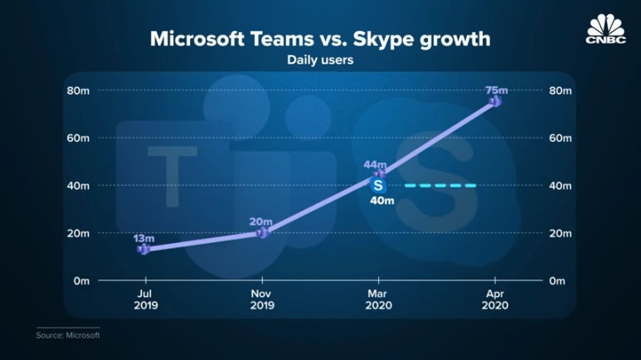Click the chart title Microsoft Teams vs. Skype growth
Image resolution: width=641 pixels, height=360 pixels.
coord(320,39)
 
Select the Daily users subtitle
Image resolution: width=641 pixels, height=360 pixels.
coord(320,60)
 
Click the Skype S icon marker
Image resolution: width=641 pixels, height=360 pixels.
coord(378,185)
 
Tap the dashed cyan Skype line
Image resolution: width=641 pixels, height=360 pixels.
coord(439,185)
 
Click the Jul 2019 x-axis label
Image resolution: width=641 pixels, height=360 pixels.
coord(144,299)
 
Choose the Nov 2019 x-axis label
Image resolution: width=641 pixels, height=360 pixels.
coord(262,299)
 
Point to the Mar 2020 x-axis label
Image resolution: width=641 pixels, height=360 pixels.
coord(378,299)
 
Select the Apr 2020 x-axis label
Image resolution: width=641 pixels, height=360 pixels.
coord(495,299)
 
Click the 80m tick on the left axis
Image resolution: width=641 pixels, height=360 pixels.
coord(78,90)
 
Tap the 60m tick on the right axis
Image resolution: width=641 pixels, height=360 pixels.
coord(560,138)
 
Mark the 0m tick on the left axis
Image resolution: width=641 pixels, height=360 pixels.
coord(80,281)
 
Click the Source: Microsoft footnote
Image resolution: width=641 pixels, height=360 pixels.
coord(67,336)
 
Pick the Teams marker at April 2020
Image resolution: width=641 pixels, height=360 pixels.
coord(495,101)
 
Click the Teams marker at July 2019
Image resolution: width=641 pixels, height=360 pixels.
coord(144,249)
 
